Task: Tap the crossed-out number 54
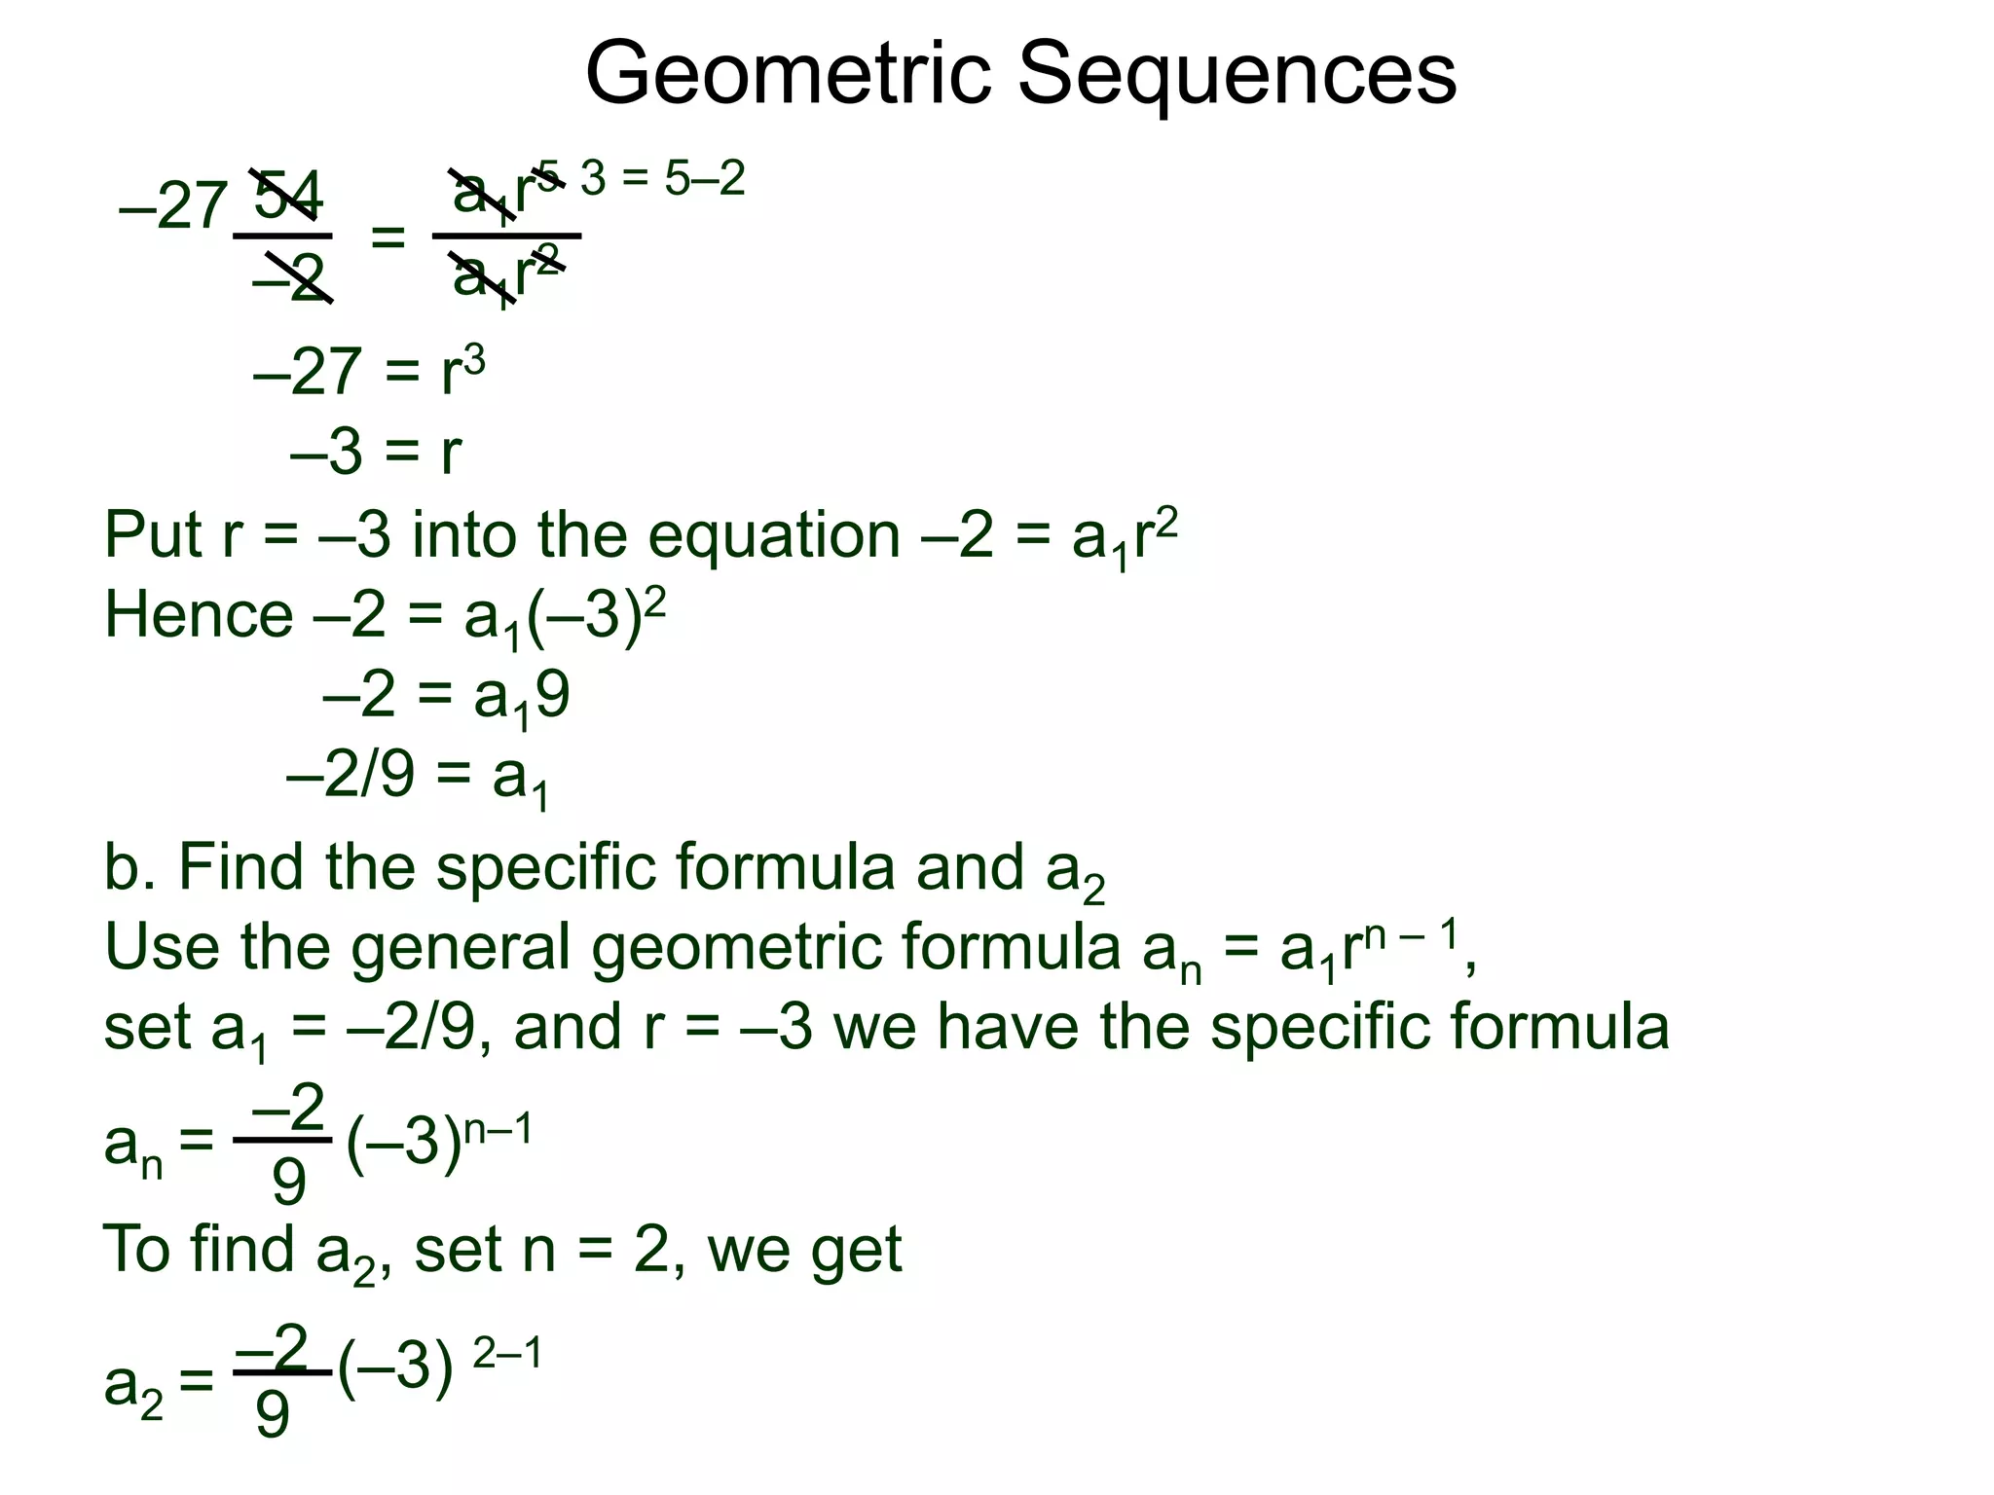pos(287,196)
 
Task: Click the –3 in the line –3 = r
pos(326,453)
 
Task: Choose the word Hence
pos(198,615)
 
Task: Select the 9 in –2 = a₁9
pos(552,696)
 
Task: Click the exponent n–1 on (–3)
pos(498,1131)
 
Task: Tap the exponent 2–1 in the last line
pos(506,1354)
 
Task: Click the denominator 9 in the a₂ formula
pos(273,1414)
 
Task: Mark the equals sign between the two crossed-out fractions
pos(388,237)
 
